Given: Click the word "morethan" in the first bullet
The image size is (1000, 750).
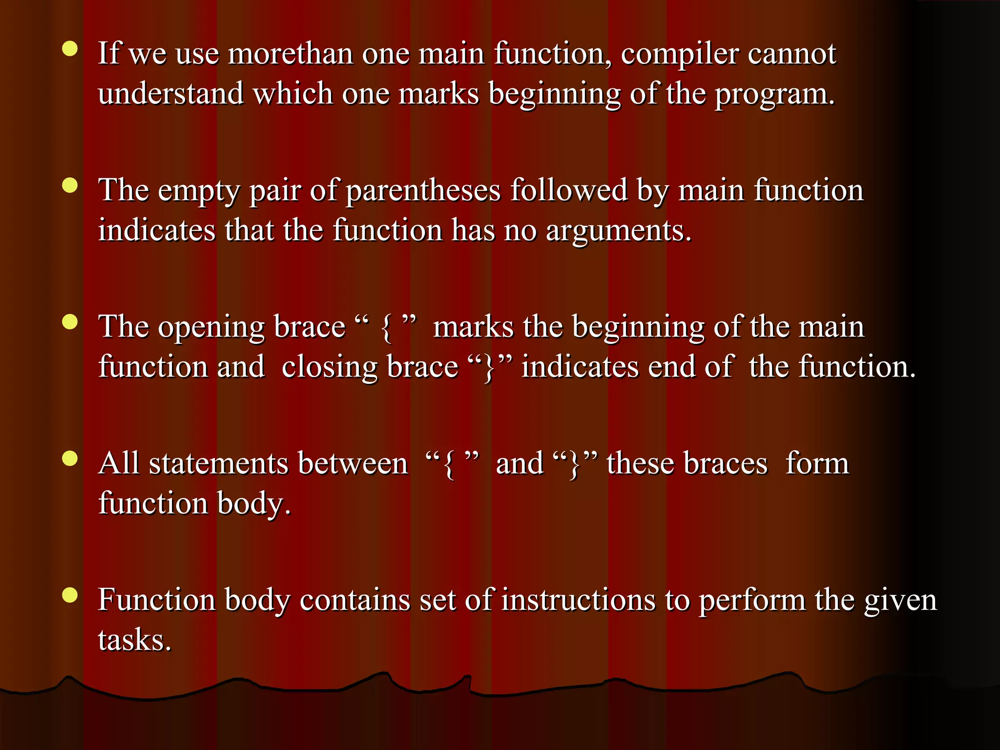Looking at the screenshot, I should click(x=290, y=53).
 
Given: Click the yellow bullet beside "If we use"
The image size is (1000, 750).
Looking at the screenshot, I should click(x=70, y=49).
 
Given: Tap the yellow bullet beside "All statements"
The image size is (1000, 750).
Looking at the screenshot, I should click(x=70, y=458).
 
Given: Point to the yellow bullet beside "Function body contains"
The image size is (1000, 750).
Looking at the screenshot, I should click(x=70, y=595).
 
